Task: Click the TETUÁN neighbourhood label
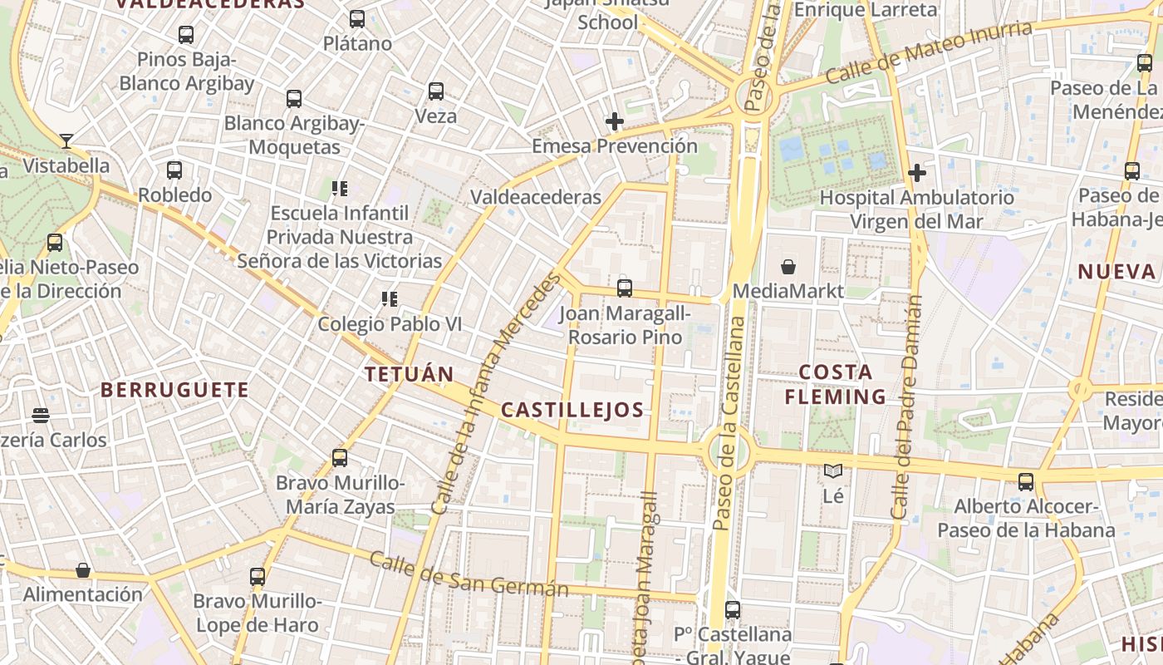(x=410, y=374)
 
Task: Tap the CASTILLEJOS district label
(x=572, y=409)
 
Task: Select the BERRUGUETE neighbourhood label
(x=174, y=390)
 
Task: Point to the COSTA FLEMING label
(x=836, y=384)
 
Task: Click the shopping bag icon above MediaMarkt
(x=788, y=267)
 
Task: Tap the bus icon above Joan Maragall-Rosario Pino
(x=625, y=288)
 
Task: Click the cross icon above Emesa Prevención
(x=615, y=122)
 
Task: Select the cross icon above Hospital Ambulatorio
(x=917, y=173)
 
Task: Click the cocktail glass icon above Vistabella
(x=66, y=141)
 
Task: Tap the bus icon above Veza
(x=436, y=91)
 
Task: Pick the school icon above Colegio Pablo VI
(x=389, y=298)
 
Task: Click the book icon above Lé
(x=833, y=471)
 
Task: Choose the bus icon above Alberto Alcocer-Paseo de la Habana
(x=1026, y=482)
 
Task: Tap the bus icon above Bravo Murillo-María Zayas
(x=340, y=458)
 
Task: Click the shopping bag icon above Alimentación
(x=83, y=570)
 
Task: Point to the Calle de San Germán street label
(x=469, y=574)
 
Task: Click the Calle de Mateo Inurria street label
(x=930, y=52)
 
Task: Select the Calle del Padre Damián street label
(x=907, y=407)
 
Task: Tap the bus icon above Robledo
(x=174, y=170)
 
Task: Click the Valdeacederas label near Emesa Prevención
(x=536, y=197)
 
